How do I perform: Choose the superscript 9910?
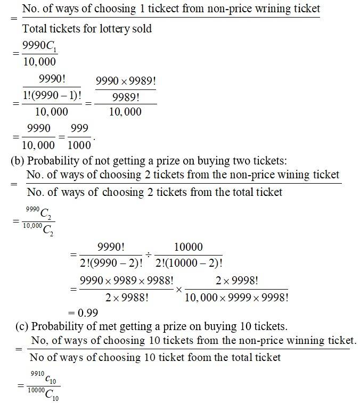(x=36, y=376)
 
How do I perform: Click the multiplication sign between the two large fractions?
(x=178, y=289)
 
